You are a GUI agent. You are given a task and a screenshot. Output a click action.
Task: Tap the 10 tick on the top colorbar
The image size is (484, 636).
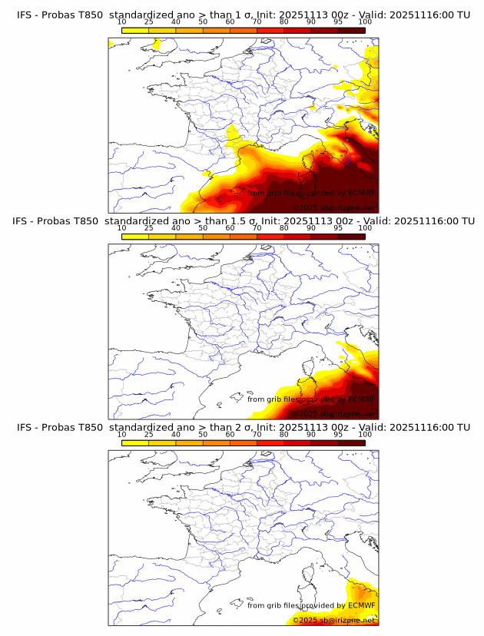point(121,22)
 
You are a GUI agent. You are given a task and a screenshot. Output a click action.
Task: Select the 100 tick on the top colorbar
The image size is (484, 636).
point(365,22)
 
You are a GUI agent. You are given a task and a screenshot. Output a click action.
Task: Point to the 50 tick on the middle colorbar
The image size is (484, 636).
point(203,228)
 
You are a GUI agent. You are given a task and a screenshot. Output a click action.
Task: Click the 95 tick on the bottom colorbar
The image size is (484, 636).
point(338,435)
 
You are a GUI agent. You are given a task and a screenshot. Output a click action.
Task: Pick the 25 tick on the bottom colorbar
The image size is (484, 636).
point(148,435)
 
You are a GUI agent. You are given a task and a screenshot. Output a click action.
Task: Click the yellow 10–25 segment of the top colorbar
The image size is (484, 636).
point(135,30)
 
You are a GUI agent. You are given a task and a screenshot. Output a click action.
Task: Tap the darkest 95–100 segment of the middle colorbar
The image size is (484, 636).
point(351,236)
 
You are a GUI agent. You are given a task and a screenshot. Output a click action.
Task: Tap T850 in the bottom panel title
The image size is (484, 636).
point(89,427)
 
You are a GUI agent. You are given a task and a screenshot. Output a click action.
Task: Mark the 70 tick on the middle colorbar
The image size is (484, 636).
point(257,228)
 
